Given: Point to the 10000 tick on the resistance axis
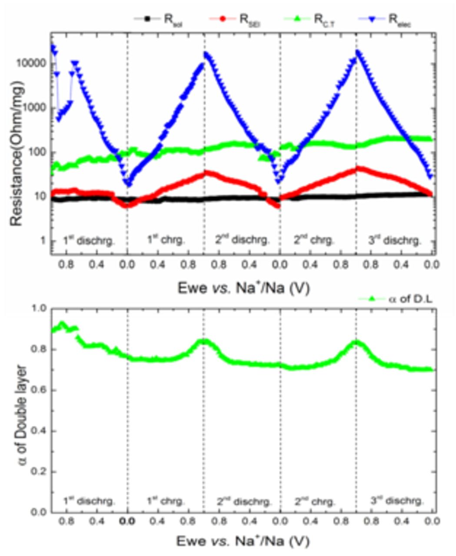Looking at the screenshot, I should [32, 63].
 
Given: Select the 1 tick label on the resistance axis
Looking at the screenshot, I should [43, 241].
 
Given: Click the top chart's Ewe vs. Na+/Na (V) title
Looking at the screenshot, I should [243, 288].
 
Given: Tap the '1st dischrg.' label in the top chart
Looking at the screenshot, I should [89, 240].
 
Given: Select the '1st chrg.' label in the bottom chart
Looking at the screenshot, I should [165, 501].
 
